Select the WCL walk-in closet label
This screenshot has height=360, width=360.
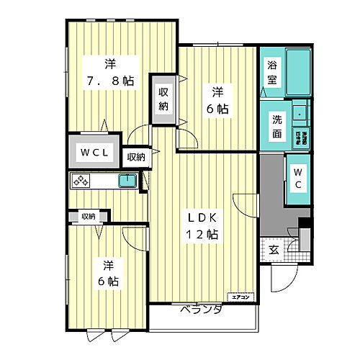tap(95, 153)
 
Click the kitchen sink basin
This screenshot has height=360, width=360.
tap(127, 181)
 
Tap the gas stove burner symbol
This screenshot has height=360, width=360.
tap(80, 181)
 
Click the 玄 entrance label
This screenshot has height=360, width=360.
tap(274, 250)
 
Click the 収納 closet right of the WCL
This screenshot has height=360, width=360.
tap(135, 156)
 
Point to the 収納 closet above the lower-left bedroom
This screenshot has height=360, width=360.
tap(88, 215)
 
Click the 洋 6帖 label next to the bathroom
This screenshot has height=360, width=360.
tap(217, 101)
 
